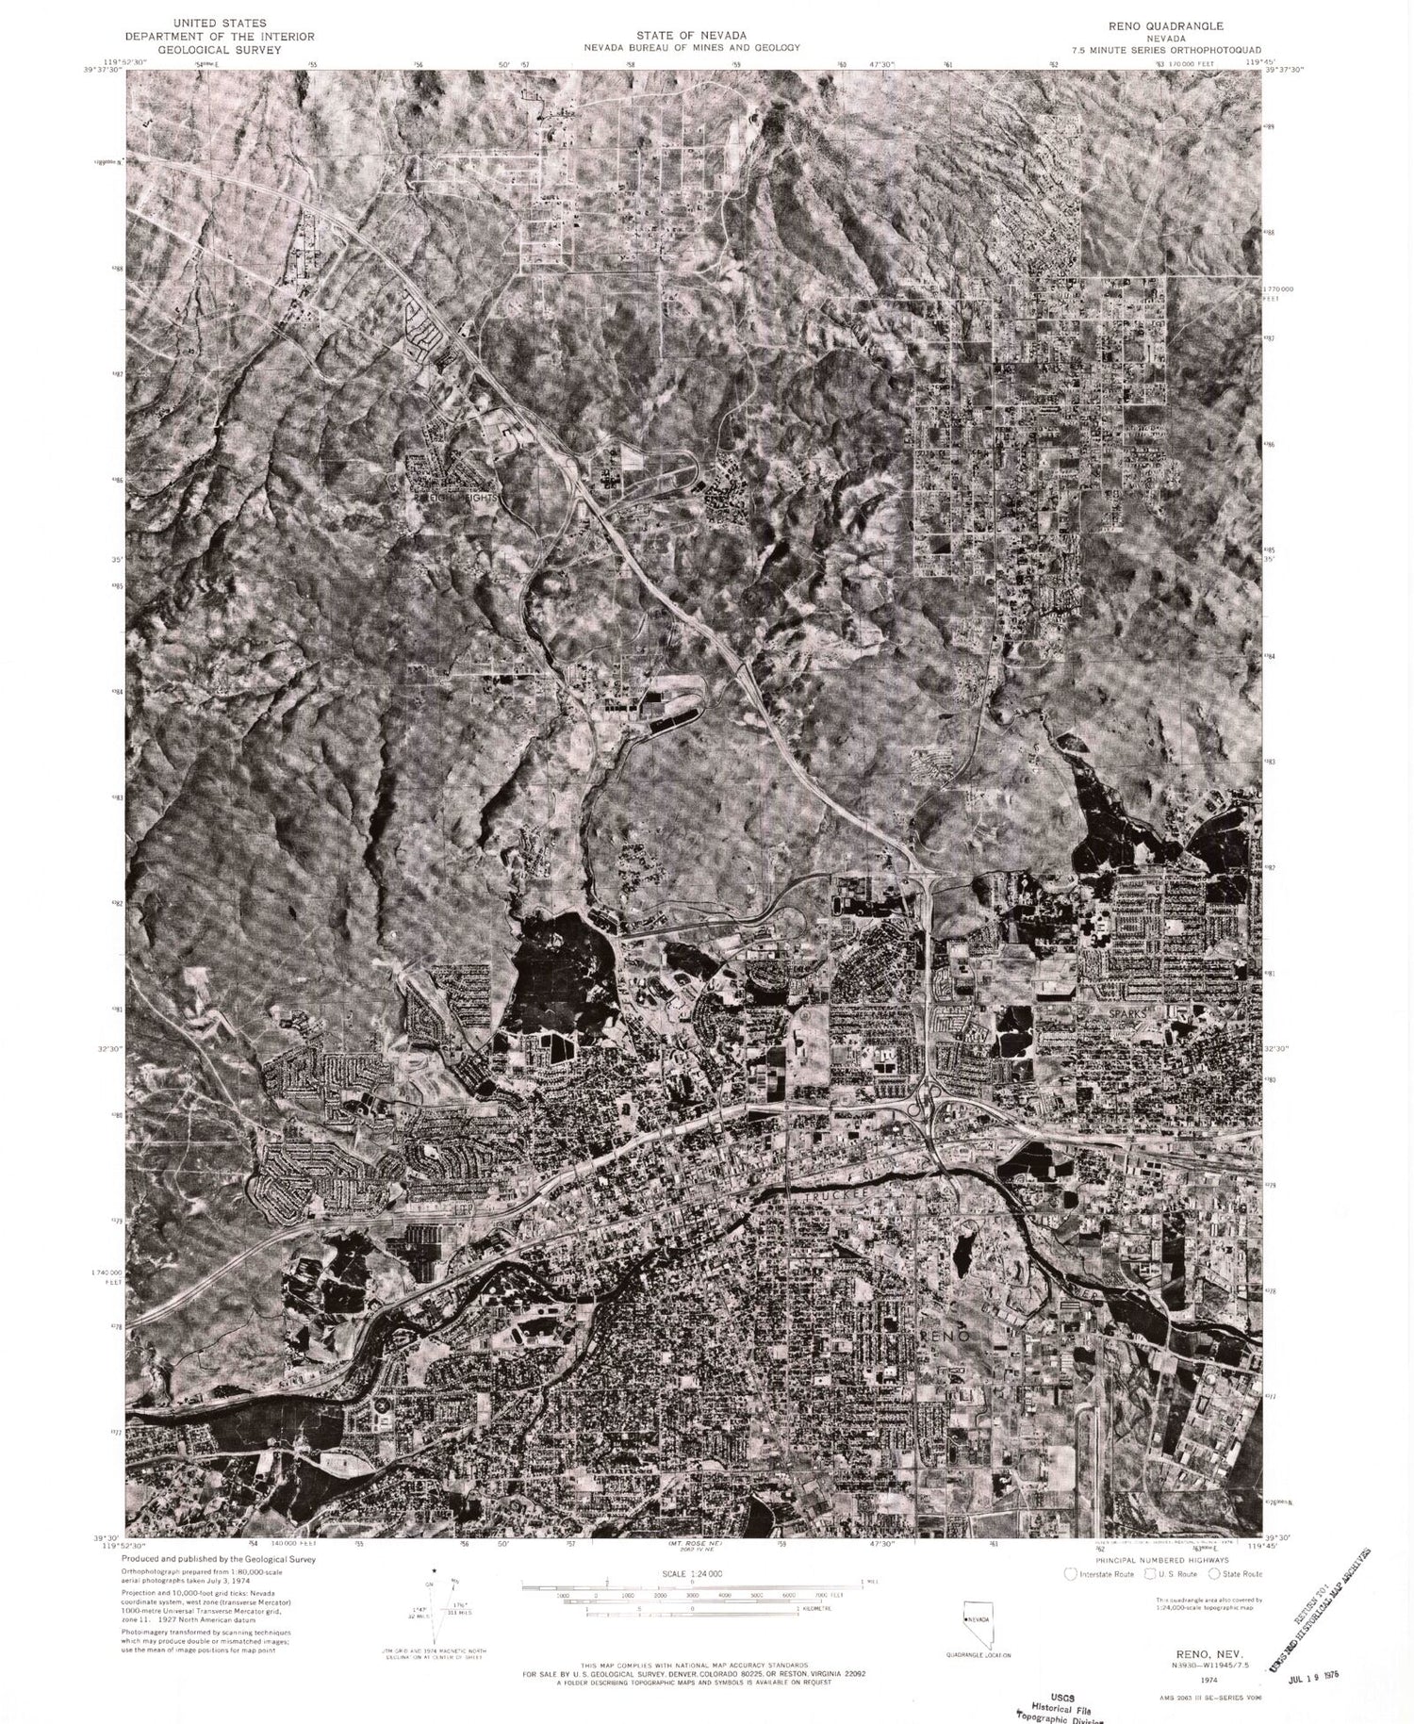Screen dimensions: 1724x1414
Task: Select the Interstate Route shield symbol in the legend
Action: point(1069,1573)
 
